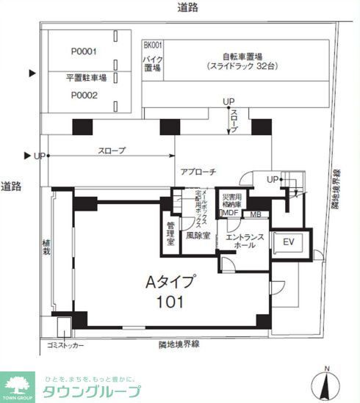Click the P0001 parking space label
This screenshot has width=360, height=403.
coord(84,51)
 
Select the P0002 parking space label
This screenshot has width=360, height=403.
coord(84,95)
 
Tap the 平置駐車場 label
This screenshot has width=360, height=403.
coord(87,76)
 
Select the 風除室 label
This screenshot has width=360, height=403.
coord(197,236)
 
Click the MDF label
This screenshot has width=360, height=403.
coord(230,214)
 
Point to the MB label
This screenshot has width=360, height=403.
coord(256,214)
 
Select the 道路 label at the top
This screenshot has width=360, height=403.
coord(187,7)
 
